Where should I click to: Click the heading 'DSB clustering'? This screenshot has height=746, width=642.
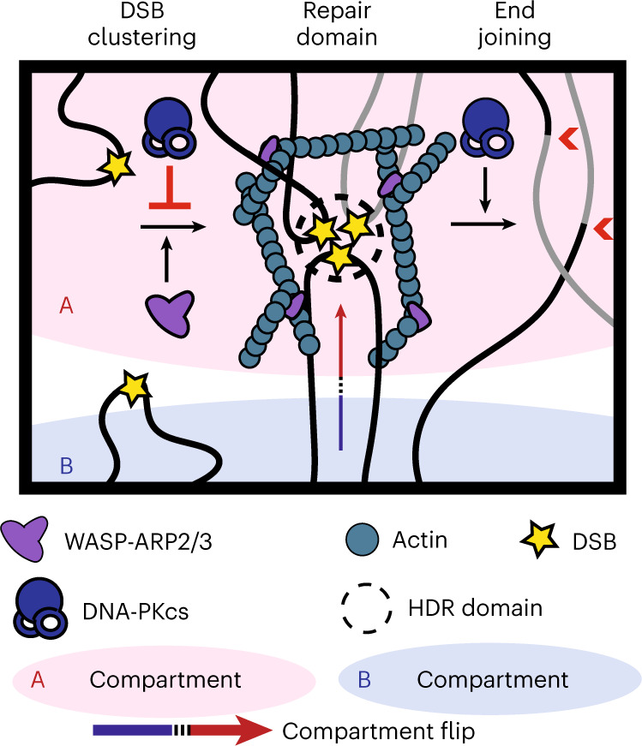tap(164, 27)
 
